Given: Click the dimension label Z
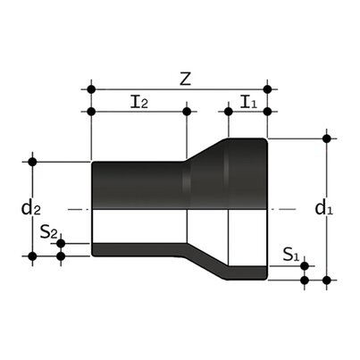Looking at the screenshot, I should [x=184, y=78].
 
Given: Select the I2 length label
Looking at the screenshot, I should [x=139, y=102].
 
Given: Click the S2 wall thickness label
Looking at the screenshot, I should [x=50, y=234].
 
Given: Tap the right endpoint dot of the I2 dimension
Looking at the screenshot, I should [x=187, y=112].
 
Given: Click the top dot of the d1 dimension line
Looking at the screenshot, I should [x=328, y=138].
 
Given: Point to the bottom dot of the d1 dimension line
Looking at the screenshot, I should [x=328, y=280].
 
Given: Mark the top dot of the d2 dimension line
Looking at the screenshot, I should [x=33, y=162].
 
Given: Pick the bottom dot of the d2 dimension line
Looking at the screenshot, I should [x=33, y=257].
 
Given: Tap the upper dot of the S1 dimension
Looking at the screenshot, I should [x=305, y=265].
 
